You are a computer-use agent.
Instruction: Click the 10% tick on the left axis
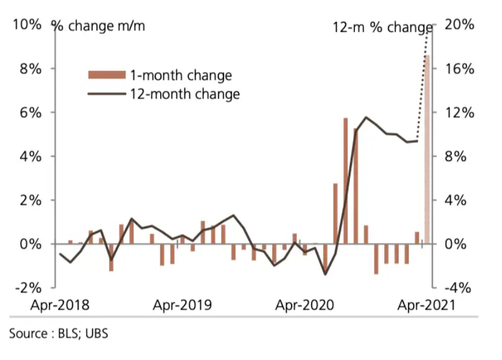pyautogui.click(x=26, y=25)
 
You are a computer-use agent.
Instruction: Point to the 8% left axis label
pyautogui.click(x=29, y=69)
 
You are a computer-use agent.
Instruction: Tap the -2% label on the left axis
pyautogui.click(x=28, y=288)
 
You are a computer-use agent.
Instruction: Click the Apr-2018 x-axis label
pyautogui.click(x=60, y=306)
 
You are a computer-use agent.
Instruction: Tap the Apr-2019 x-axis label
pyautogui.click(x=183, y=306)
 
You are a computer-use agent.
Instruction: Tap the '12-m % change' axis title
pyautogui.click(x=382, y=28)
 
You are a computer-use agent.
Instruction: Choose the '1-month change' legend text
pyautogui.click(x=181, y=76)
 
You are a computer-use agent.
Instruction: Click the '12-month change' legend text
pyautogui.click(x=185, y=95)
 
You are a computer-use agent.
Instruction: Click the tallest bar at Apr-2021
pyautogui.click(x=427, y=150)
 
